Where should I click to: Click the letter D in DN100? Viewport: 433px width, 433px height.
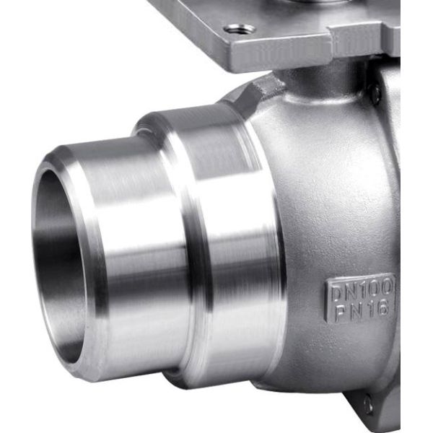(x=337, y=294)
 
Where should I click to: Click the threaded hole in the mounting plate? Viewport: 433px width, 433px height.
(x=239, y=28)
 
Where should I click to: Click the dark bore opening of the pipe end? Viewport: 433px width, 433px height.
(x=59, y=265)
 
